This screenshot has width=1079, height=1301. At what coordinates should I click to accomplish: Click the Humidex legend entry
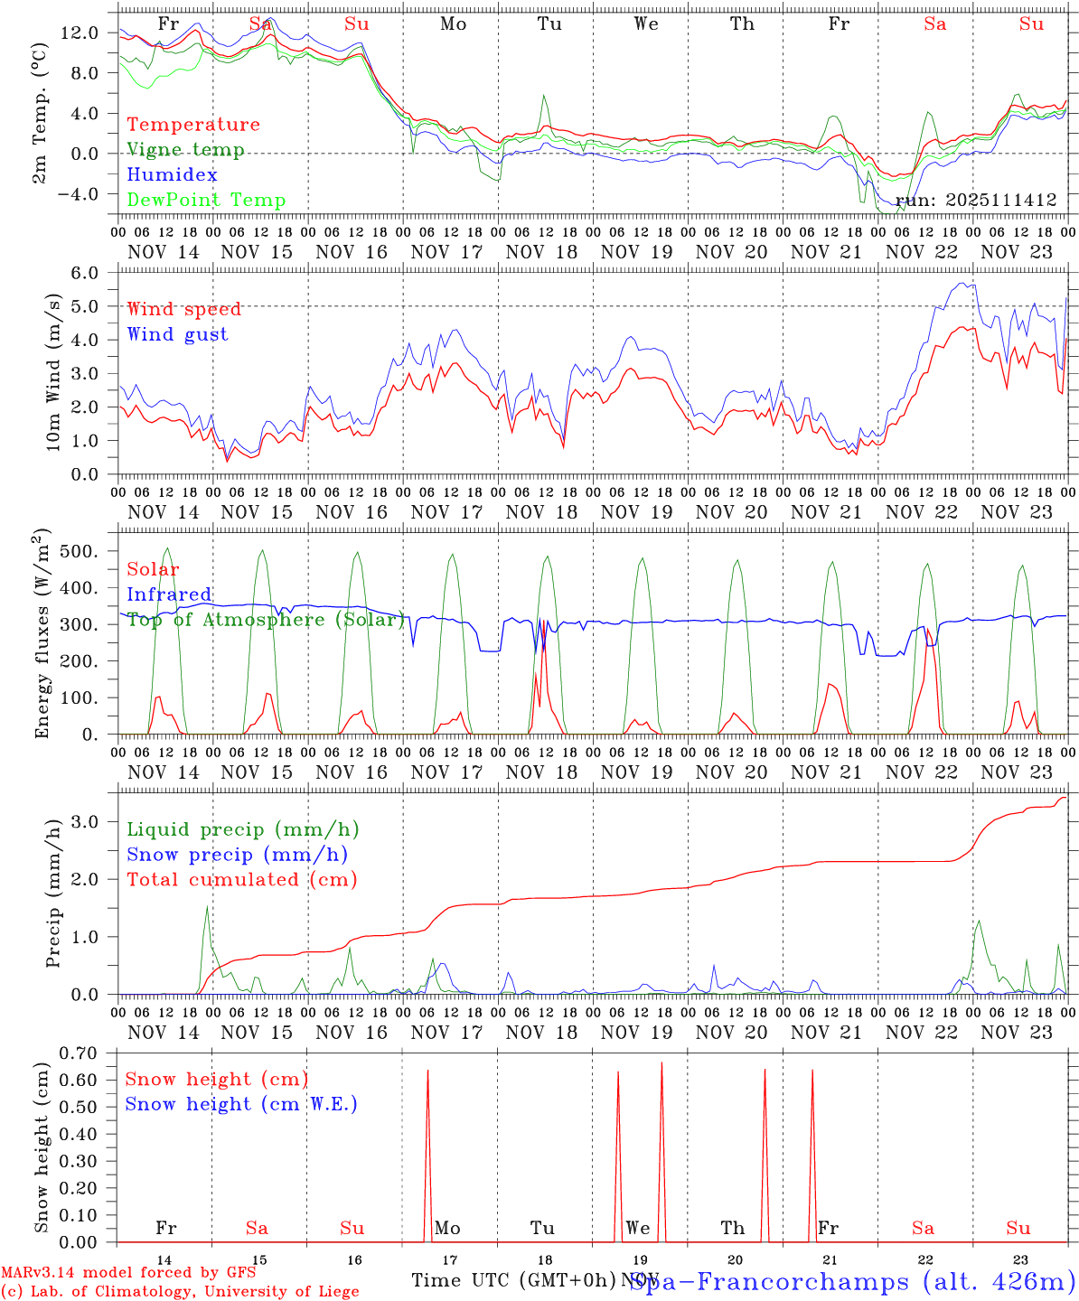172,174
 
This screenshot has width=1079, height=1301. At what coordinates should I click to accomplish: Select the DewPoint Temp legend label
206,200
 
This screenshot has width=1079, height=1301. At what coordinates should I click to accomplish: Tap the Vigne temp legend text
185,149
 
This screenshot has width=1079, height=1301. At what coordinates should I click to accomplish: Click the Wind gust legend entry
177,334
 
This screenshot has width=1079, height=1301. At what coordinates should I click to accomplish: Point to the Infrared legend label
169,594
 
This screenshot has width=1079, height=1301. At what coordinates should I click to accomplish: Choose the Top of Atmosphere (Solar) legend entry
266,620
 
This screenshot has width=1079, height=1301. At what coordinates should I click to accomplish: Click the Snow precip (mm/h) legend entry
237,855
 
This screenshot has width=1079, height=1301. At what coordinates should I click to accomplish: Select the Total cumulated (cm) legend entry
241,879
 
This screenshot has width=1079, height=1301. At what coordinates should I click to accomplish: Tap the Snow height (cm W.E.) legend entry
241,1104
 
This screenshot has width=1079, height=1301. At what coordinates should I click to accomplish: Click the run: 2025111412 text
976,201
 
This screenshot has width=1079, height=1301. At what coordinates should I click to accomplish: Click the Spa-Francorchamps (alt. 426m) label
851,1281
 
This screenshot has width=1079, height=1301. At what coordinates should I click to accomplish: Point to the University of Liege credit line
180,1291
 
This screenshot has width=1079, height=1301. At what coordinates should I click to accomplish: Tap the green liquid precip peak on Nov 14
207,906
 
